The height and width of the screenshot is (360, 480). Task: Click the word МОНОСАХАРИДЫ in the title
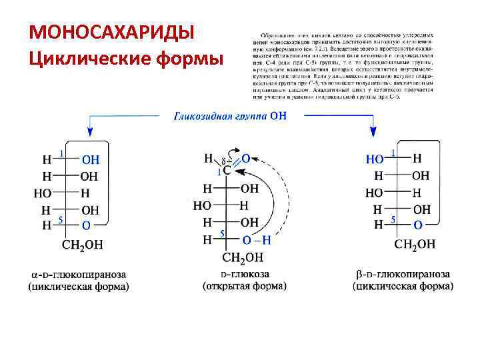(x=112, y=33)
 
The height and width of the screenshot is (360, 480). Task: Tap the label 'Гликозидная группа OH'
(x=231, y=116)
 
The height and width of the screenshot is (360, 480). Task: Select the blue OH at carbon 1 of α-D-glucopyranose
(x=91, y=160)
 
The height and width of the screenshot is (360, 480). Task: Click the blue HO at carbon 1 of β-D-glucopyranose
(x=375, y=159)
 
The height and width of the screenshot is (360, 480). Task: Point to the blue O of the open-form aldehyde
(x=245, y=159)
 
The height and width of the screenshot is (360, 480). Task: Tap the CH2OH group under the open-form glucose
(x=243, y=257)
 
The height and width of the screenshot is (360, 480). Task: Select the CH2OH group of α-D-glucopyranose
(x=82, y=244)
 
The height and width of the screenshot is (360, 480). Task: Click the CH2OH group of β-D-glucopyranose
(x=414, y=244)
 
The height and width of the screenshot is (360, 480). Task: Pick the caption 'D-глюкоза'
(x=245, y=274)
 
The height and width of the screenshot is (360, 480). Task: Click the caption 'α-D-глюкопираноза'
(x=79, y=274)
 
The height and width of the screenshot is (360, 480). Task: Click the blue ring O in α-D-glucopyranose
(x=86, y=225)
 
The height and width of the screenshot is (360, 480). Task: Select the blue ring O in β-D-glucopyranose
(x=417, y=225)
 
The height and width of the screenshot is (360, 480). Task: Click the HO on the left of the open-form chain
(x=202, y=205)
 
